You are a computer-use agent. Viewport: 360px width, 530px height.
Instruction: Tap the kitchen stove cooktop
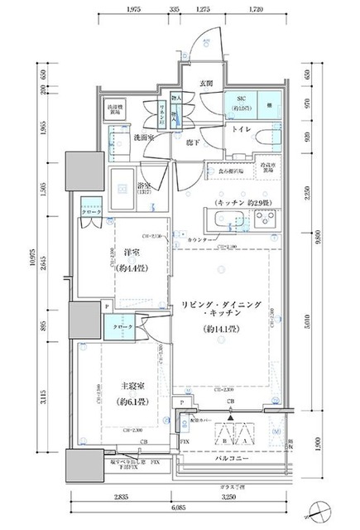266,221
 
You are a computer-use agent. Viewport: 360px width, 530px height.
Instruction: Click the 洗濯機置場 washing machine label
114,109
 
